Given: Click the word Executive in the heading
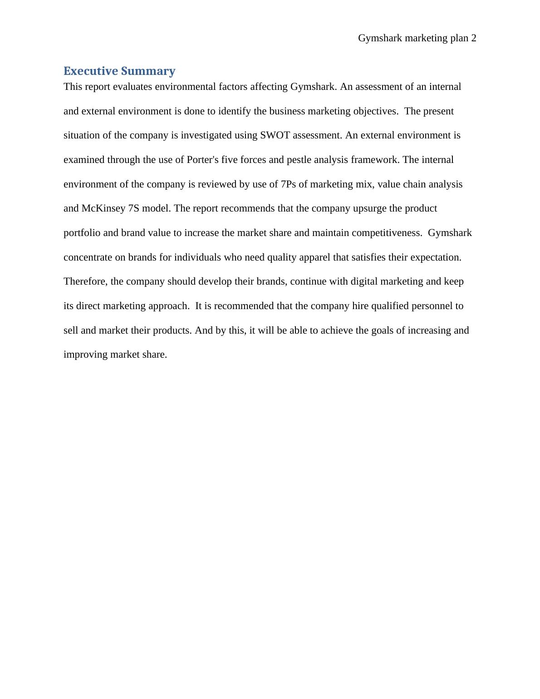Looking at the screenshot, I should coord(90,71).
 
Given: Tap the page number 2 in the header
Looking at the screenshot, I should coord(473,38).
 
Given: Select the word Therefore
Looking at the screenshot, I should coord(85,281).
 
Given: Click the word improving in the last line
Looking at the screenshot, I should coord(85,354).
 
